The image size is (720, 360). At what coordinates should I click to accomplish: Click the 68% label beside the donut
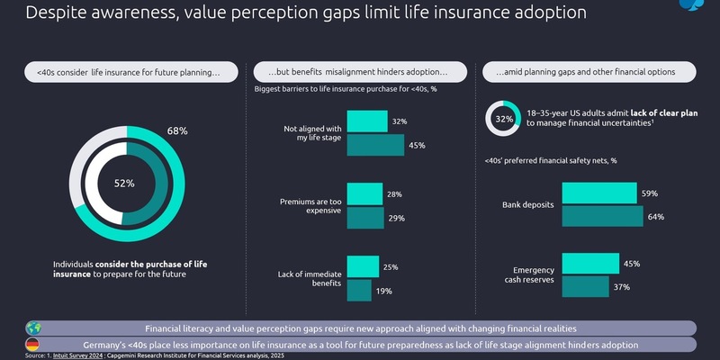[177, 131]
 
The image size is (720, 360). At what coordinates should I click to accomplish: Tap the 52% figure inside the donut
[123, 184]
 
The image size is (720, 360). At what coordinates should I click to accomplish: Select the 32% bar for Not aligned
[365, 121]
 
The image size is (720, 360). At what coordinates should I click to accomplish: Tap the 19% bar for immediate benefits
[358, 289]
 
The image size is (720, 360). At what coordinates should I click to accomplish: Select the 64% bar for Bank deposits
[602, 216]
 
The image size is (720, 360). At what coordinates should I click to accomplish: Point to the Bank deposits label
[526, 205]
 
